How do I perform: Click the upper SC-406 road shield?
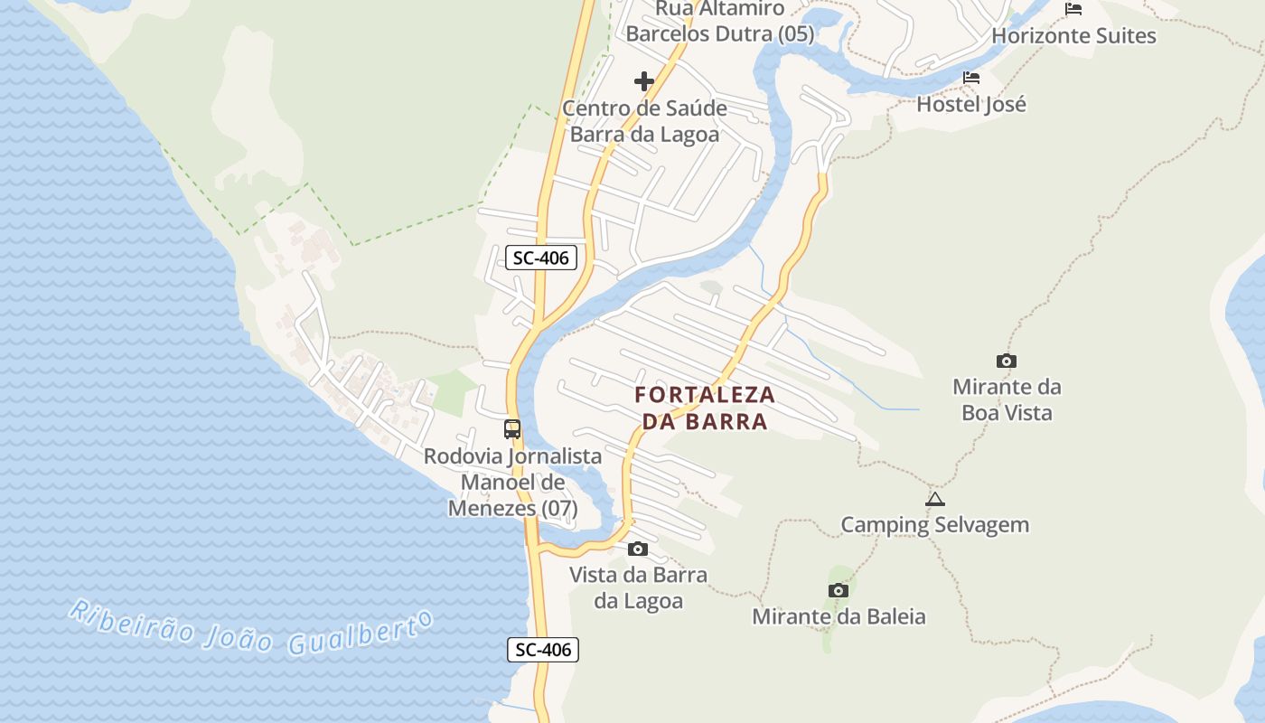pyautogui.click(x=540, y=258)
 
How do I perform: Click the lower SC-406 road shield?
pyautogui.click(x=542, y=649)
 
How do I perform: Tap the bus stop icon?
pyautogui.click(x=512, y=429)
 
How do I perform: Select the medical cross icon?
pyautogui.click(x=644, y=82)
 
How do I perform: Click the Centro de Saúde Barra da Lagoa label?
pyautogui.click(x=644, y=121)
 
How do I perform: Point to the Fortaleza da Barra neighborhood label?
pyautogui.click(x=705, y=408)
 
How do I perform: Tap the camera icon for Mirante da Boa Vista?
pyautogui.click(x=1007, y=361)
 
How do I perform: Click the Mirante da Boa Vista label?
pyautogui.click(x=1007, y=399)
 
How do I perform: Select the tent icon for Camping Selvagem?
pyautogui.click(x=935, y=499)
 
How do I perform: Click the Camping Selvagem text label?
pyautogui.click(x=935, y=524)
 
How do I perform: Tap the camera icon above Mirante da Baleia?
pyautogui.click(x=839, y=591)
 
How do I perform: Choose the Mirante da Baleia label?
pyautogui.click(x=839, y=616)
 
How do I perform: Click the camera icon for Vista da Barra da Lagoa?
pyautogui.click(x=638, y=549)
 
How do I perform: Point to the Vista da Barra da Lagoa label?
pyautogui.click(x=638, y=587)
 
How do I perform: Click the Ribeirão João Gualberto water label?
pyautogui.click(x=251, y=626)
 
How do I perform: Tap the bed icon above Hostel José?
pyautogui.click(x=971, y=78)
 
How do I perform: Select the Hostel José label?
pyautogui.click(x=971, y=104)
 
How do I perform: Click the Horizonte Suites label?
pyautogui.click(x=1073, y=36)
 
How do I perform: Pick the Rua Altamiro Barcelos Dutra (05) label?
pyautogui.click(x=720, y=22)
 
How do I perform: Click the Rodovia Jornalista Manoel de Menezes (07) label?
pyautogui.click(x=513, y=482)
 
